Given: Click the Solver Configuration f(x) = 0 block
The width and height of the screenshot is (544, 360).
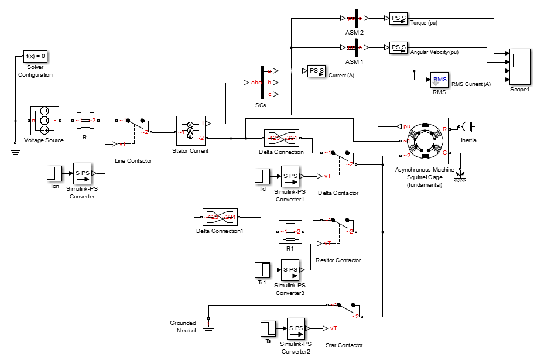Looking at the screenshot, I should [35, 57].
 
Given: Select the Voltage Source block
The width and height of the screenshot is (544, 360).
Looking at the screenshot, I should [45, 121].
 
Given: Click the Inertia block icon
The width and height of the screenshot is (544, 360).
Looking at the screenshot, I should [468, 126].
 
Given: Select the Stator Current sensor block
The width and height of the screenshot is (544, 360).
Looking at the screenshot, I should [190, 131].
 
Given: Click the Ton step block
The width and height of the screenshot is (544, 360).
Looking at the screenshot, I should [54, 173].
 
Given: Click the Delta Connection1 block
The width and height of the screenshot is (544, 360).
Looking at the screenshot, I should [220, 217].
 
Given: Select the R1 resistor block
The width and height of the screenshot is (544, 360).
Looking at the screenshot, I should [289, 231].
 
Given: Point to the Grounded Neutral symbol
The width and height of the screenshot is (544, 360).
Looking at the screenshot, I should [207, 324].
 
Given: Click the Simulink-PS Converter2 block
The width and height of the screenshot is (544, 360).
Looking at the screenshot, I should [295, 328].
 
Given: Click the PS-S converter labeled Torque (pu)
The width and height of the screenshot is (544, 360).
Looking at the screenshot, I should [398, 19].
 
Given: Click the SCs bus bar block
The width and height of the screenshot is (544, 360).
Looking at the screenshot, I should [261, 83].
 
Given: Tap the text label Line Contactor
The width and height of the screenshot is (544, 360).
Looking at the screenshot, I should [133, 161].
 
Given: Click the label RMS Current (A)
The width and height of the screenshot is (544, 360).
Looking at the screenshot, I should [471, 84].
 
